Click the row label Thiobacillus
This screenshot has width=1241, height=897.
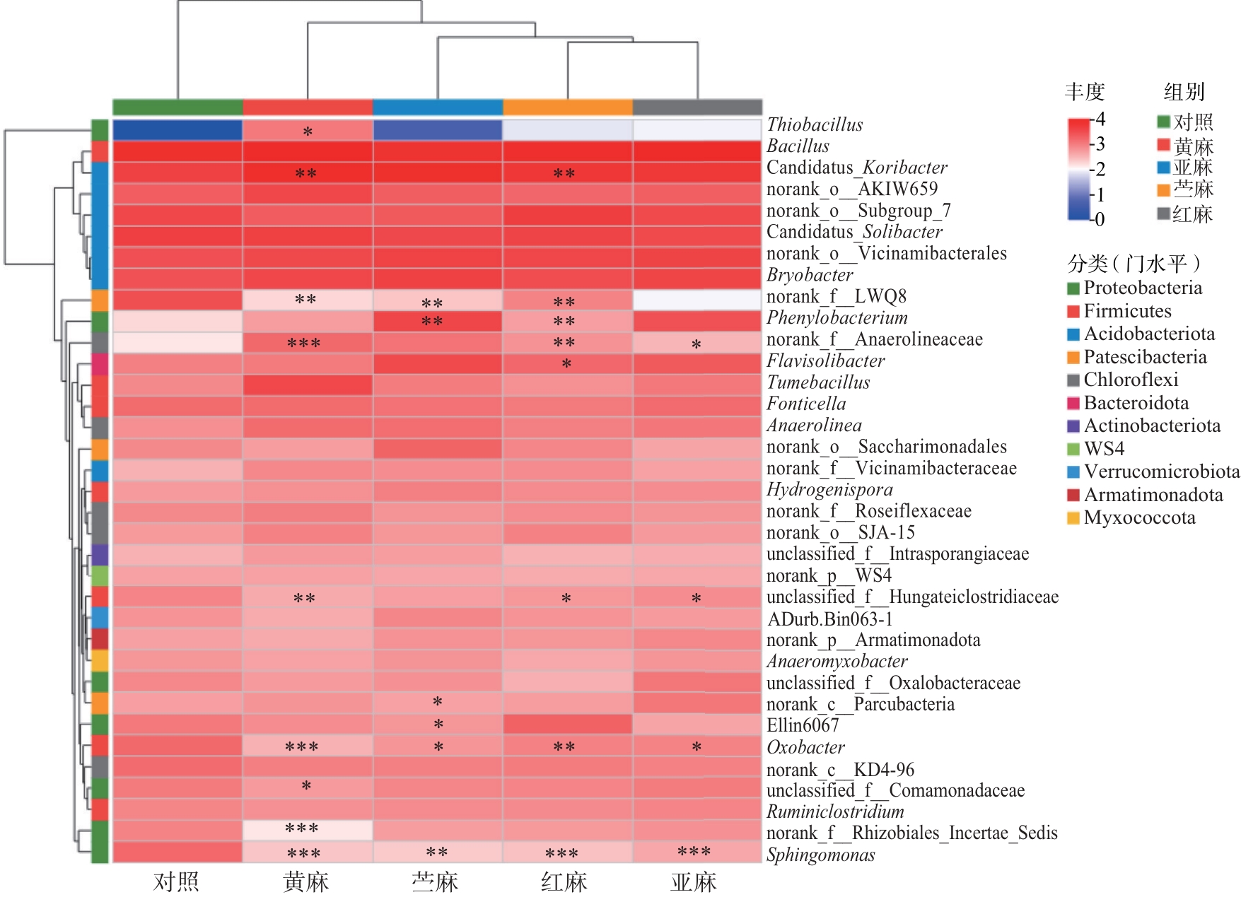(x=815, y=125)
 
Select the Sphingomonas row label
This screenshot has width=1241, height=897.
(x=820, y=855)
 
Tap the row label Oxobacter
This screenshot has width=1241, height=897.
(x=805, y=747)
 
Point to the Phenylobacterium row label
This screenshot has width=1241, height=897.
(x=837, y=318)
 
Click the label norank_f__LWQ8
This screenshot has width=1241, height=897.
(x=836, y=296)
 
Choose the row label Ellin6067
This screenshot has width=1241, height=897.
(x=803, y=725)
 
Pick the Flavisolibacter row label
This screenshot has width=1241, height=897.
(x=825, y=360)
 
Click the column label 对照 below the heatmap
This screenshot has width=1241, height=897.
(x=177, y=881)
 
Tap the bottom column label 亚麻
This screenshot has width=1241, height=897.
(x=694, y=881)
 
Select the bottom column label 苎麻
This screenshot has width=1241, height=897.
(x=435, y=881)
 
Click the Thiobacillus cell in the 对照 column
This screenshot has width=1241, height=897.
(x=177, y=131)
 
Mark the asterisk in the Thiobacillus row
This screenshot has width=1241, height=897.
(x=308, y=132)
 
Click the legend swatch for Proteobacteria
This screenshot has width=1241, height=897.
(x=1073, y=288)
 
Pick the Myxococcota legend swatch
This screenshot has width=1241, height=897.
(x=1073, y=518)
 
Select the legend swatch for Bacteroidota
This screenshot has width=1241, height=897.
(x=1073, y=403)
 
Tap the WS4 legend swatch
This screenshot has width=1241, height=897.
(x=1073, y=449)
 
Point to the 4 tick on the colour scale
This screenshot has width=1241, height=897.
(x=1100, y=119)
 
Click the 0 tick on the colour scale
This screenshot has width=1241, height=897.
(x=1100, y=219)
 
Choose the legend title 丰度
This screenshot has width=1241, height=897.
(x=1084, y=92)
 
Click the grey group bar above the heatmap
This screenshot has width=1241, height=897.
(x=697, y=107)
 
